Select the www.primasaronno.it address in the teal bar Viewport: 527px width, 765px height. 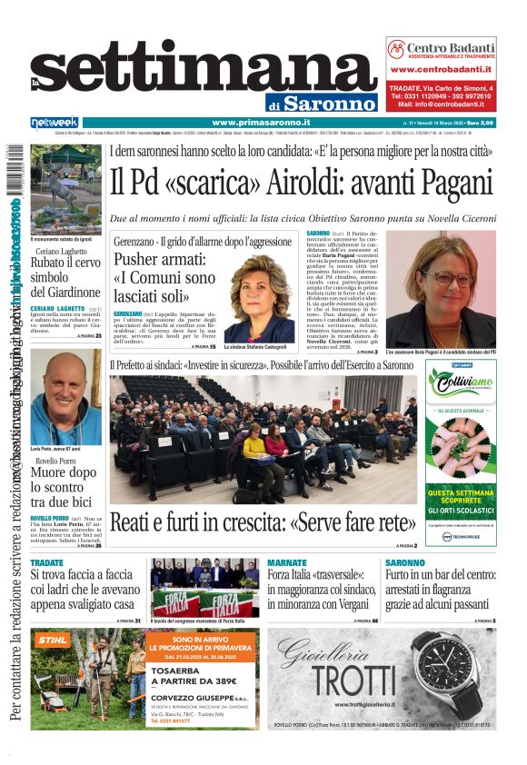tap(261, 123)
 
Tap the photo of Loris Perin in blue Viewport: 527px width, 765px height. tap(66, 397)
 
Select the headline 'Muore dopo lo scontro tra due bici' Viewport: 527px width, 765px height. tap(64, 486)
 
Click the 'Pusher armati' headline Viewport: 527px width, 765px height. tap(164, 278)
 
